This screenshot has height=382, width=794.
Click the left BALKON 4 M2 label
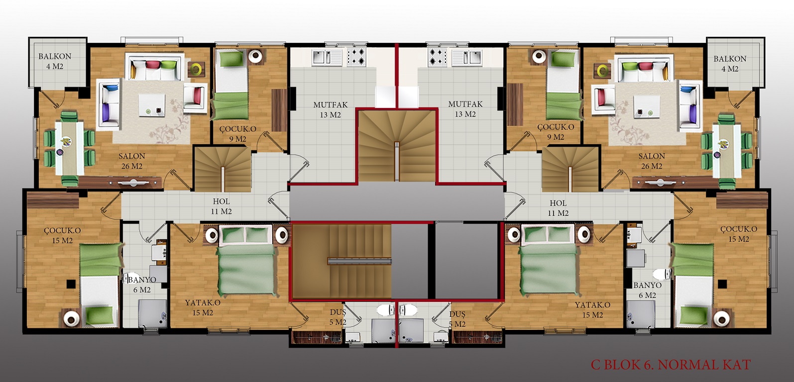point(55,61)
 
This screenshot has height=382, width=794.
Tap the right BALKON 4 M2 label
point(730,64)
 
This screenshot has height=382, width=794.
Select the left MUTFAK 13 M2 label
point(331,110)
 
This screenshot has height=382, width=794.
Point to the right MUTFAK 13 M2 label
point(465,109)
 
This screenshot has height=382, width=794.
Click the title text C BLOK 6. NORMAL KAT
point(671,365)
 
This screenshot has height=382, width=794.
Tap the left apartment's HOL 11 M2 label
point(221,206)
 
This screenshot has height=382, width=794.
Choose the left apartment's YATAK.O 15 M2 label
point(203,308)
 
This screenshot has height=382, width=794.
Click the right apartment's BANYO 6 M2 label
point(647,290)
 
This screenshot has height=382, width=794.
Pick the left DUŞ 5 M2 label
point(338,317)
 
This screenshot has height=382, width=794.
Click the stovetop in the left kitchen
point(356,57)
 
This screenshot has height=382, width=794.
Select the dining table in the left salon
point(70,148)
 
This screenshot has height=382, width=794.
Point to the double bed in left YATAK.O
point(246,261)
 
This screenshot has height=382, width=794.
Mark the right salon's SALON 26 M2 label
point(652,161)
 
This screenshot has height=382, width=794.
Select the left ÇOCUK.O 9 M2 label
point(237,134)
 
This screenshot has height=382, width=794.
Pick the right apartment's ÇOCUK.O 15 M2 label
point(739,234)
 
